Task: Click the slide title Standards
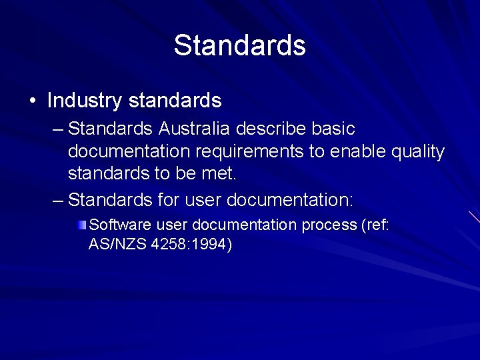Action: coord(239,45)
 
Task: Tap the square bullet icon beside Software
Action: coord(81,225)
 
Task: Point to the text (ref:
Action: coord(375,225)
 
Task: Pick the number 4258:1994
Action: coord(192,245)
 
